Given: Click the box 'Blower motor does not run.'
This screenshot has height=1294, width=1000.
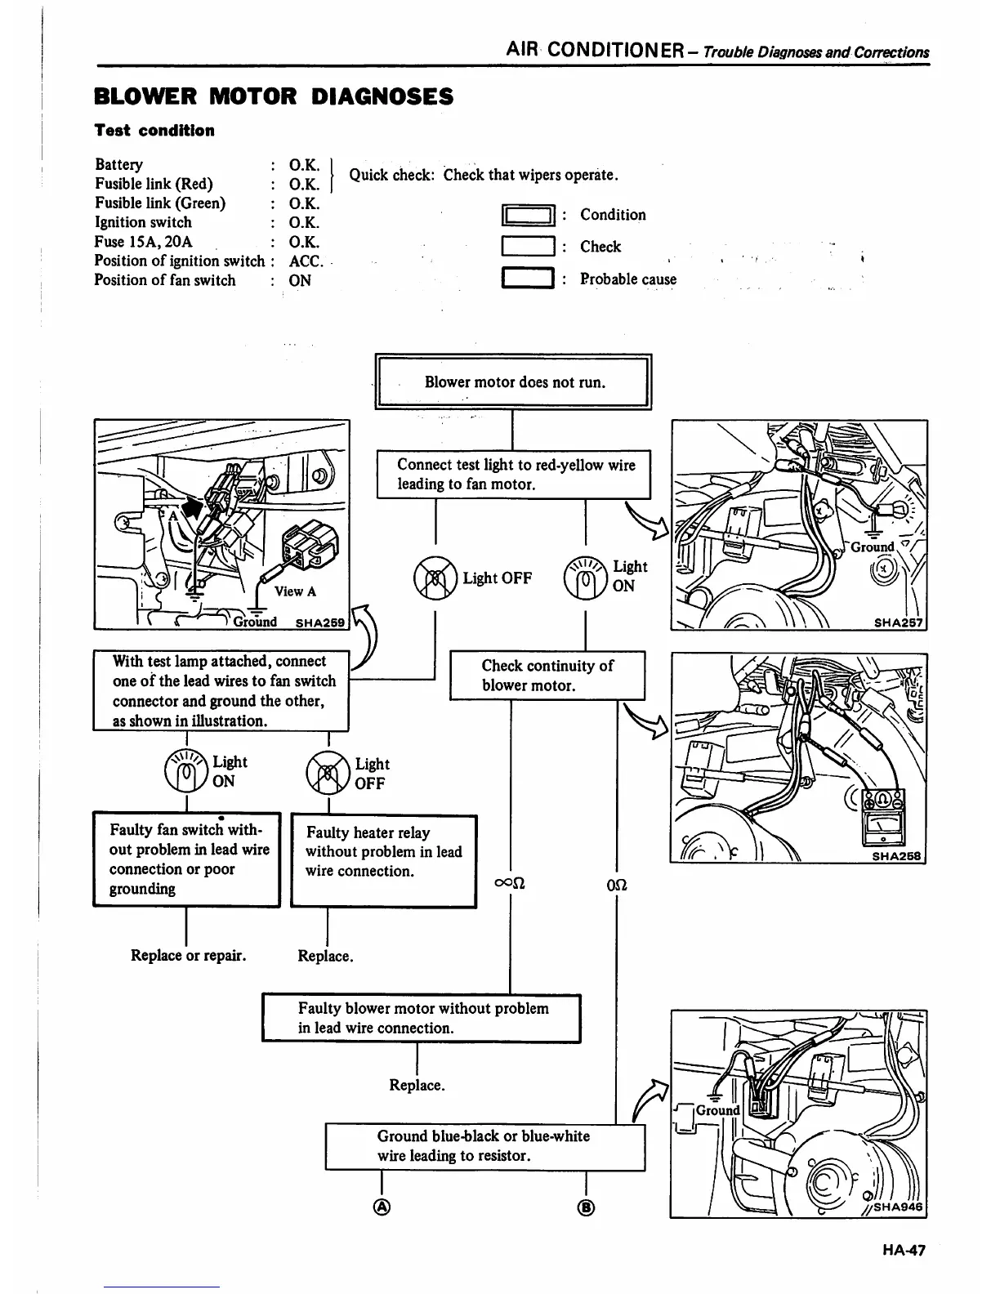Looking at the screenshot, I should coord(513,382).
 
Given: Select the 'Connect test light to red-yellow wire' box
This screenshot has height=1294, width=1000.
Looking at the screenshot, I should coord(513,475).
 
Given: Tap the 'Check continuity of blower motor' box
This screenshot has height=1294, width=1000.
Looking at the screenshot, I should coord(547,676).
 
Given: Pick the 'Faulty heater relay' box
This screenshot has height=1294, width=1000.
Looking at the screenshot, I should coord(383,860).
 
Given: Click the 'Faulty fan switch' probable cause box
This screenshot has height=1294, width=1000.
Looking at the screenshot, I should coord(186,859).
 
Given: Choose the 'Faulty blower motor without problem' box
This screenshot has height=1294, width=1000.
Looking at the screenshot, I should coord(421,1018).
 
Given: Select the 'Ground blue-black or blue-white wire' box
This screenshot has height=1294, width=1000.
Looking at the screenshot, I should coord(484,1146).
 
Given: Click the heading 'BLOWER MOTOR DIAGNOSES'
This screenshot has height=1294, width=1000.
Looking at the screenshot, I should coord(273,97).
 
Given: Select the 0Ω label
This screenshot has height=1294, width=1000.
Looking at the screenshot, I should coord(616,886).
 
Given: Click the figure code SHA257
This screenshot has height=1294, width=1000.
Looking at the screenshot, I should coord(896,622).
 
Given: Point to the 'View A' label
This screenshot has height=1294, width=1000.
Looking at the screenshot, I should coord(295,591).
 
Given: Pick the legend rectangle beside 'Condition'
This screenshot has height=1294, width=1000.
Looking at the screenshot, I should coord(527,216).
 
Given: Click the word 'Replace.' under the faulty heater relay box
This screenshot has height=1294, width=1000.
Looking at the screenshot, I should coord(325,956).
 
